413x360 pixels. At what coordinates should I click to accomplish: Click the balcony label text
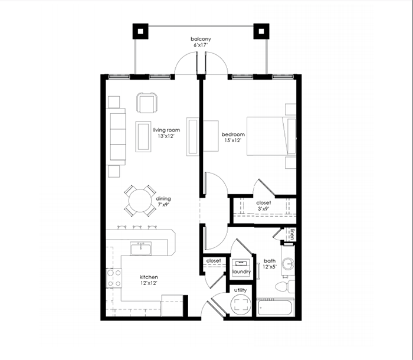(x=201, y=39)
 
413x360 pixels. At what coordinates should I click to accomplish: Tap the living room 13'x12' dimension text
(x=166, y=136)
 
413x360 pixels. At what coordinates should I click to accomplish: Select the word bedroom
(x=233, y=135)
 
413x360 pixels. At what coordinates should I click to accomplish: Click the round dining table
(x=140, y=201)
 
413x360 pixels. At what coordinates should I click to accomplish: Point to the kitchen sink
(x=140, y=248)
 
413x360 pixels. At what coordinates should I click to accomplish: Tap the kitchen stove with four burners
(x=114, y=278)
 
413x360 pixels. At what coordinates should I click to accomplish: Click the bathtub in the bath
(x=275, y=307)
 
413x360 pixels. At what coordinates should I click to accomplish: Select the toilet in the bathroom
(x=285, y=286)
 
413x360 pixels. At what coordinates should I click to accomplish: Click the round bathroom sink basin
(x=288, y=264)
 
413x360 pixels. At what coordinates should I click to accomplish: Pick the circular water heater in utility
(x=241, y=305)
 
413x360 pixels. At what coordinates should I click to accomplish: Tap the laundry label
(x=241, y=271)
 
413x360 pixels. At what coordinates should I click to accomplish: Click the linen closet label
(x=292, y=234)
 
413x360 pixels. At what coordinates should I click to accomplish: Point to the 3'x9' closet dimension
(x=263, y=209)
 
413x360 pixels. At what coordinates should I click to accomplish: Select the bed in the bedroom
(x=271, y=136)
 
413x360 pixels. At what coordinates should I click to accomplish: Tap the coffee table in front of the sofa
(x=143, y=136)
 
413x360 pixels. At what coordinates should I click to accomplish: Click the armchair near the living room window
(x=147, y=103)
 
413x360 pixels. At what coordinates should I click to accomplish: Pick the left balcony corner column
(x=140, y=31)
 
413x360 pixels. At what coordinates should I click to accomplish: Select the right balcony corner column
(x=261, y=31)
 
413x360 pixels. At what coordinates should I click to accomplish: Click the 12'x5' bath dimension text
(x=270, y=267)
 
